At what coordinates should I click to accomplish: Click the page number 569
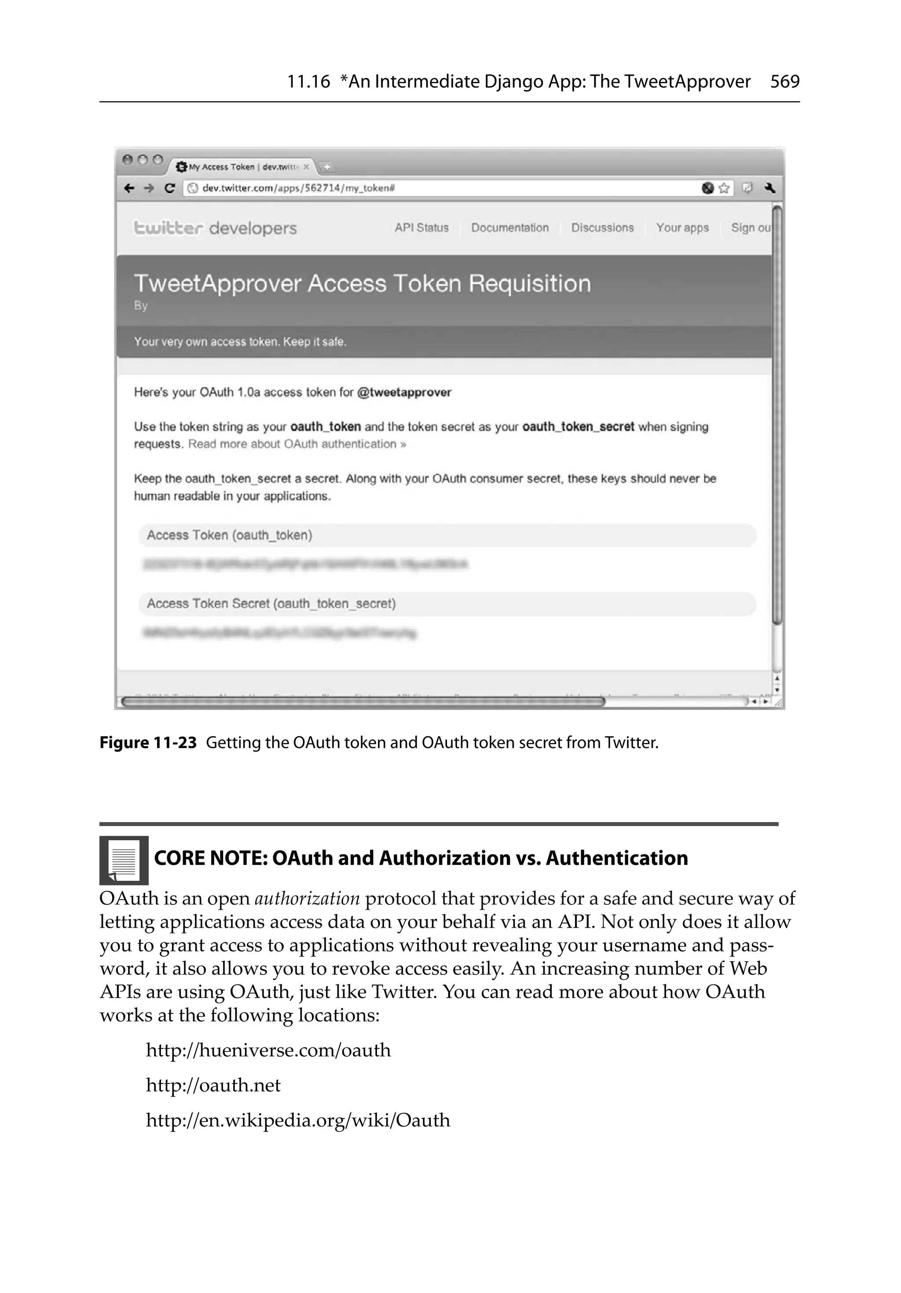click(784, 82)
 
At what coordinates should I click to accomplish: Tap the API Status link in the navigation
click(421, 228)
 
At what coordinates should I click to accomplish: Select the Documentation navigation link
click(509, 228)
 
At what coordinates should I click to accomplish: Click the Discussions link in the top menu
click(602, 228)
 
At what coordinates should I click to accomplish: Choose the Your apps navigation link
click(682, 228)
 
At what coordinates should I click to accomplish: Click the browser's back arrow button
click(129, 188)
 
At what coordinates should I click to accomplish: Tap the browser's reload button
click(169, 188)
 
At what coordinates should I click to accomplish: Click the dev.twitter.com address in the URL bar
click(298, 188)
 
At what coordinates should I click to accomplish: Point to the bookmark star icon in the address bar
click(724, 188)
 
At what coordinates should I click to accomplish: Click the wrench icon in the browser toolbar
click(770, 188)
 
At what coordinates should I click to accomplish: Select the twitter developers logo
click(215, 228)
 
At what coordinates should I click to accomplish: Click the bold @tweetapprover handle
click(404, 392)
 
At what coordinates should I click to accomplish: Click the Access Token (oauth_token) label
click(229, 535)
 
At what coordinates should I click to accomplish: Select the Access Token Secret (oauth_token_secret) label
click(271, 604)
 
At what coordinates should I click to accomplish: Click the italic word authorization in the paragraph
click(307, 898)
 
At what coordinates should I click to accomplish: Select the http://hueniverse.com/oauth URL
click(268, 1050)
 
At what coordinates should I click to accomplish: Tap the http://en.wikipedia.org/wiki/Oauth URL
click(298, 1120)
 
